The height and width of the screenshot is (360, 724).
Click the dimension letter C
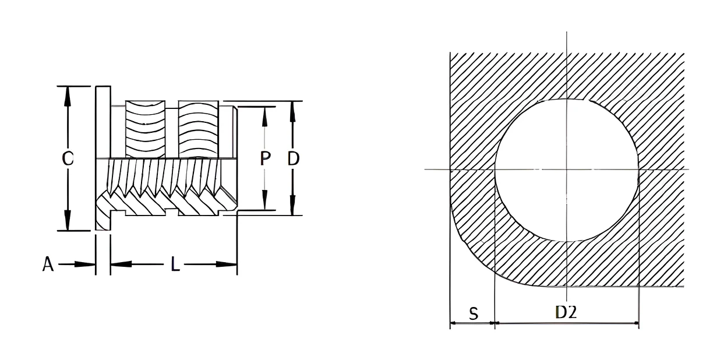(68, 158)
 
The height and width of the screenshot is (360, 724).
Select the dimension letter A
(48, 264)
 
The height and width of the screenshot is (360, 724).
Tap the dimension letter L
(175, 264)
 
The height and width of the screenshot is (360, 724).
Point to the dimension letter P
(265, 158)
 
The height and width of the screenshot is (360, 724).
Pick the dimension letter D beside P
(293, 158)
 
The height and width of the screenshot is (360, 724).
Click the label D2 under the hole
(566, 312)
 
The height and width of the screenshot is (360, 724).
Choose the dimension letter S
(474, 314)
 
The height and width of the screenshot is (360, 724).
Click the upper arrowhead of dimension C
(67, 96)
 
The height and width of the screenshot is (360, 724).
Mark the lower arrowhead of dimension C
(67, 220)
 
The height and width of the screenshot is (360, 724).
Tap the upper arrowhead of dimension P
(264, 117)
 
